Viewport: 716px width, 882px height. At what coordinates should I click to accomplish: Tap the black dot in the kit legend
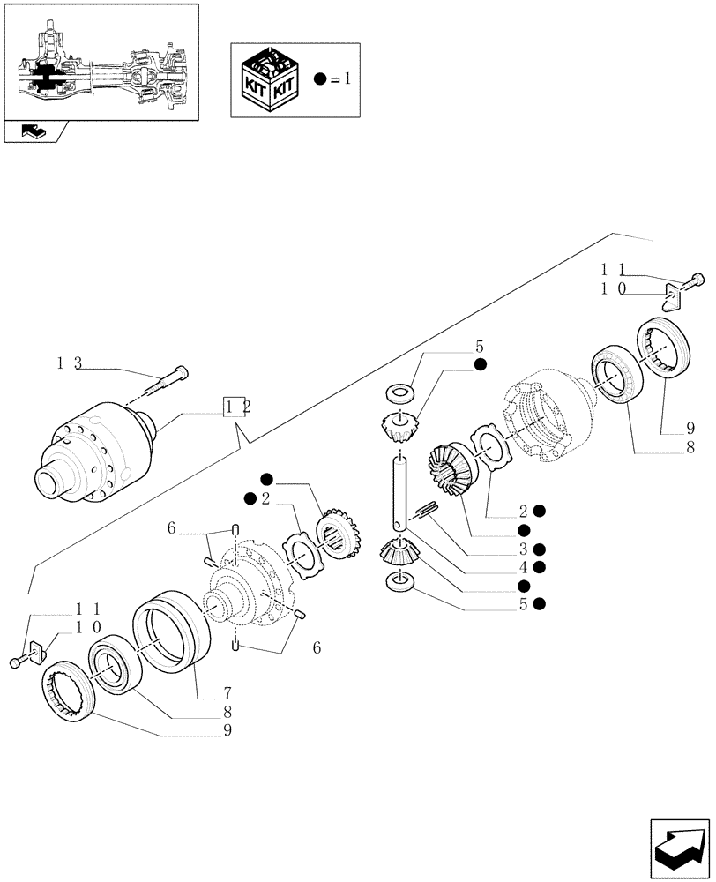point(321,79)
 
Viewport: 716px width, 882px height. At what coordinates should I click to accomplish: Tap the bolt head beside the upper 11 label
point(696,280)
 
